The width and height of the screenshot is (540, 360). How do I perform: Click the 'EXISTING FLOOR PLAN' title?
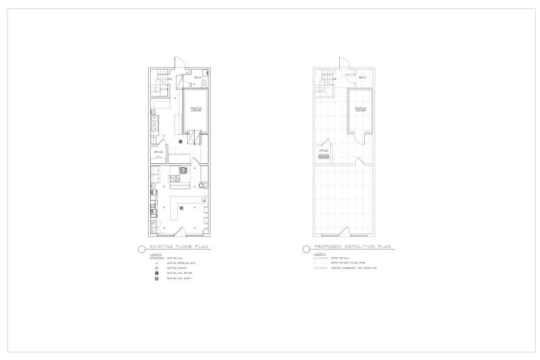click(180, 247)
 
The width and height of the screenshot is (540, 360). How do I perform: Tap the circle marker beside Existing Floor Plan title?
click(142, 248)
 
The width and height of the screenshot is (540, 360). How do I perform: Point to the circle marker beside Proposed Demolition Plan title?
click(306, 248)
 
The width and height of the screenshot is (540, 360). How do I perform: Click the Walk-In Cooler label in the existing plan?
click(195, 109)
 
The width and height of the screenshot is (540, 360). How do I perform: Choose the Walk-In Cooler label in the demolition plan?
click(360, 109)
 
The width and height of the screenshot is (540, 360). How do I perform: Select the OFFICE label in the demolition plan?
click(323, 150)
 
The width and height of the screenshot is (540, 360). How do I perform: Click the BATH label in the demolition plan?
click(362, 77)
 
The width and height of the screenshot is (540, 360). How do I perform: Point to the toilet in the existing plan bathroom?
click(204, 83)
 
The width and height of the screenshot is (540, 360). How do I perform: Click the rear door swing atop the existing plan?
click(178, 61)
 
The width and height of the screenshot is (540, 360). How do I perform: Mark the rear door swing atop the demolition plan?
click(342, 61)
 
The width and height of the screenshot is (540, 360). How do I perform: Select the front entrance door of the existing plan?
click(179, 231)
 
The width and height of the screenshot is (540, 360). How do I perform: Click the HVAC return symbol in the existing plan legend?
click(156, 273)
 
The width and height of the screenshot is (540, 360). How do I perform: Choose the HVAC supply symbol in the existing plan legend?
click(156, 279)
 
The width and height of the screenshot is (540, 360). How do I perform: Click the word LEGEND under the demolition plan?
click(320, 253)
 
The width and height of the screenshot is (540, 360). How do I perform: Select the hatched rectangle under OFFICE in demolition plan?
click(322, 156)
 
